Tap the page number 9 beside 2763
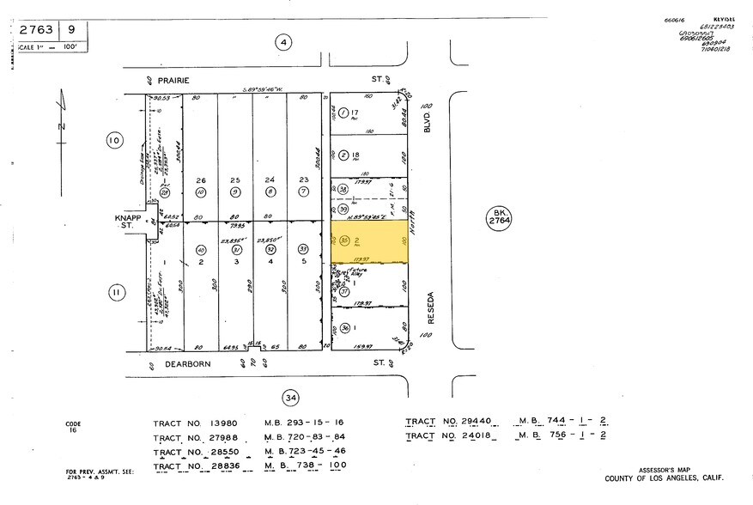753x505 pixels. point(76,29)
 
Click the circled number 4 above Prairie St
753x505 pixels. point(282,41)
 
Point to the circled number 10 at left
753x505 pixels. point(114,140)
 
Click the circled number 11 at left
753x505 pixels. point(114,293)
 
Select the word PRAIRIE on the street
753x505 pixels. point(171,79)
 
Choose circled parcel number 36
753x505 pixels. point(344,327)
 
